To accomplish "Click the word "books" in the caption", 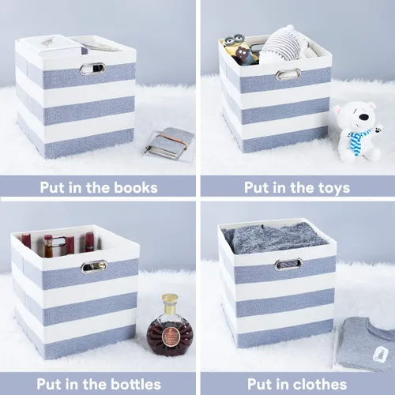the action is [x=136, y=188].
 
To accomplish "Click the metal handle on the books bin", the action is [x=92, y=69].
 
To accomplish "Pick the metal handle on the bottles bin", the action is [x=94, y=266].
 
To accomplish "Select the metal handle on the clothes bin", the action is [x=288, y=264].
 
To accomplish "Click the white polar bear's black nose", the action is [x=364, y=116].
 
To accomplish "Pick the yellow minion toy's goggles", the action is [x=235, y=39].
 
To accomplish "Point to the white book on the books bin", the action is [x=60, y=47].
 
